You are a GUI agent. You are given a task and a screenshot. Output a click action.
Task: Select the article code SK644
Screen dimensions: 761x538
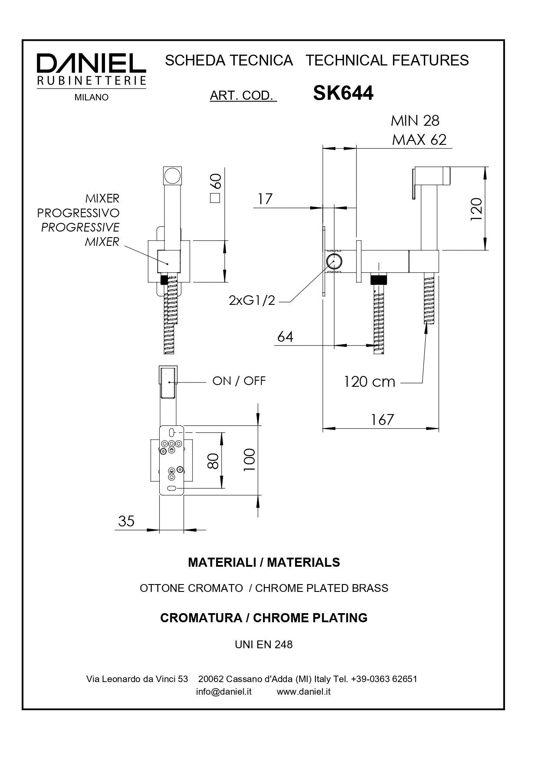343,93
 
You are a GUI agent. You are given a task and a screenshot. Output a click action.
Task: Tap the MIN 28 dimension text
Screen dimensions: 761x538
415,121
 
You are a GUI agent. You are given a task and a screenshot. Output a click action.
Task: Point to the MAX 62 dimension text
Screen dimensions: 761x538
419,140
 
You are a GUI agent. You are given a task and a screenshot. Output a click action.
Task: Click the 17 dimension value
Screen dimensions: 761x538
265,199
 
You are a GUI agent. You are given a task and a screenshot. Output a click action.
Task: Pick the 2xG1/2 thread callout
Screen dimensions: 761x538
252,300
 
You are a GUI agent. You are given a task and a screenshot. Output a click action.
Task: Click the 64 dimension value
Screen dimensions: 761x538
285,336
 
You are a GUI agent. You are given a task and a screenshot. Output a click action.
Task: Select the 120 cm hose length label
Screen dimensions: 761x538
369,382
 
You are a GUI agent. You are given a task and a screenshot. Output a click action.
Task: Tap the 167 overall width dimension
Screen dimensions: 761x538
382,419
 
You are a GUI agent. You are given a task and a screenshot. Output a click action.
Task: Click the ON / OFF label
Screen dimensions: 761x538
239,381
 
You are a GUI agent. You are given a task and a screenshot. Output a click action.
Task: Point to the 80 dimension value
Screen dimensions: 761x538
213,461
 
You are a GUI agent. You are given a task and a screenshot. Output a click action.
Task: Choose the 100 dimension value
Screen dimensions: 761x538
249,460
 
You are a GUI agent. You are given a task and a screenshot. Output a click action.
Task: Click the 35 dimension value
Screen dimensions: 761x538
126,521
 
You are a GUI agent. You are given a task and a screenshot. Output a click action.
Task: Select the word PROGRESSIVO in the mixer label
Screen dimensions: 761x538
78,213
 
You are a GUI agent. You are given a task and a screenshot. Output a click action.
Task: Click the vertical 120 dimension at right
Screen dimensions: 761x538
476,209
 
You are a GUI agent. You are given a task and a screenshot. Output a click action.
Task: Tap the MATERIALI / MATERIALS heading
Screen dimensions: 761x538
264,562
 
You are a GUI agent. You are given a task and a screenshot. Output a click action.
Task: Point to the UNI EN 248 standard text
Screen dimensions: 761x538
264,644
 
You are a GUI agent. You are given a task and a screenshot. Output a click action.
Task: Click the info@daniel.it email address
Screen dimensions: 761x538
223,692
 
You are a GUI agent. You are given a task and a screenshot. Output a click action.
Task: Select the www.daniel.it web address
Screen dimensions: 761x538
304,692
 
